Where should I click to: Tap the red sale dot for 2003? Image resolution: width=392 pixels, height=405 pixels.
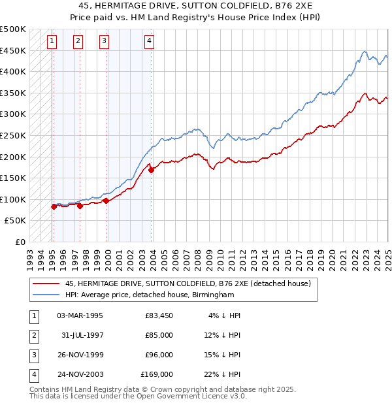(x=151, y=170)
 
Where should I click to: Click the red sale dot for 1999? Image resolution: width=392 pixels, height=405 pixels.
(x=106, y=201)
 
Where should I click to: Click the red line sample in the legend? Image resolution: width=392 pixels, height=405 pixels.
(x=46, y=283)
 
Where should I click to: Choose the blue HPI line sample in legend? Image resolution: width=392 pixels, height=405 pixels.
(x=46, y=295)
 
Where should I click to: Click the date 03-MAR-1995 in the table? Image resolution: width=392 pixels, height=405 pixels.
(x=80, y=316)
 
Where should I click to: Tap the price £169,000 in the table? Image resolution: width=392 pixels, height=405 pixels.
(x=157, y=374)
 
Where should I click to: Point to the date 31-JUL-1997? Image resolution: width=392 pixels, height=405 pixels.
(x=82, y=335)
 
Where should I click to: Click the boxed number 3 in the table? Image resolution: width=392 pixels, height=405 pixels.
(x=33, y=355)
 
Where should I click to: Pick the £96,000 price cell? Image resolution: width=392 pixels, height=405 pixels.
(x=159, y=355)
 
